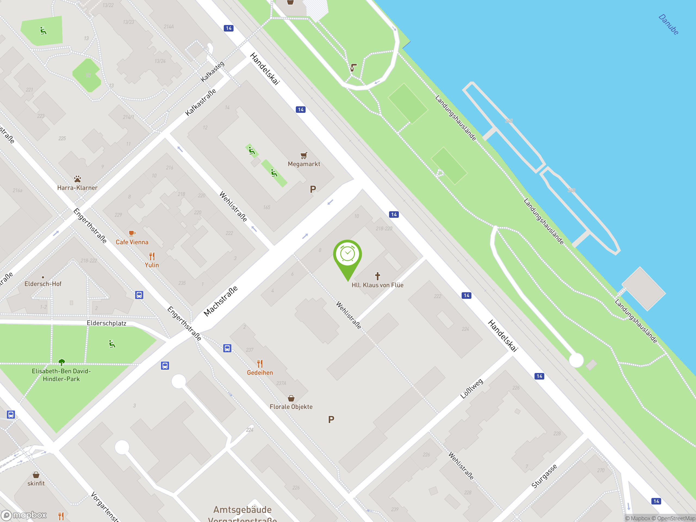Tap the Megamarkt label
tap(304, 164)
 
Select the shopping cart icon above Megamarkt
tap(304, 155)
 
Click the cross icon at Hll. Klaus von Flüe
tap(378, 276)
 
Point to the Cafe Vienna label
tap(132, 242)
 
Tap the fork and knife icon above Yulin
tap(152, 256)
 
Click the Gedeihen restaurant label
tap(260, 372)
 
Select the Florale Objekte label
tap(291, 406)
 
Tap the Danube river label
tap(669, 24)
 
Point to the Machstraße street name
tap(220, 301)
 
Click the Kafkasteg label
tap(213, 72)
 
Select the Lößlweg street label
tap(471, 389)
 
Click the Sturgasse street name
tap(544, 476)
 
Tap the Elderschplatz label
tap(106, 323)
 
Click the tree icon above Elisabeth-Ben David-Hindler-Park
tap(62, 362)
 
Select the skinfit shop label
tap(36, 483)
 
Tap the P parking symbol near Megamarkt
tap(313, 189)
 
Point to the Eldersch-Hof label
tap(43, 284)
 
